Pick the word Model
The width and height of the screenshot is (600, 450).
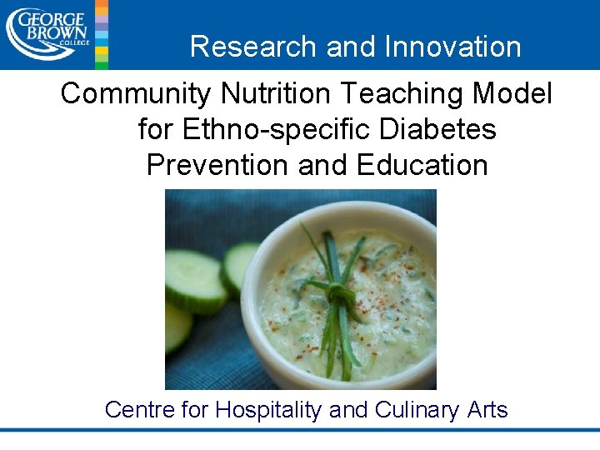point(515,94)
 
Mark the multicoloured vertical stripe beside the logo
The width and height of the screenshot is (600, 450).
point(101,33)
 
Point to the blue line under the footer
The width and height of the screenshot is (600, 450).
point(300,430)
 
